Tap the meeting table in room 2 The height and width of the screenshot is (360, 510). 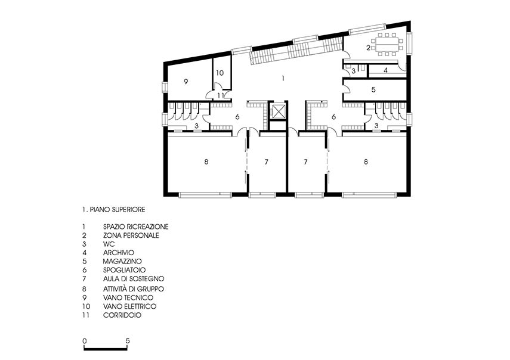coord(388,44)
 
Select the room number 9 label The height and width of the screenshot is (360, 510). coord(186,82)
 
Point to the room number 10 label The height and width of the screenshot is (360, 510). coord(220,73)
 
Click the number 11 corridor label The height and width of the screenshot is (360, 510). coord(221,95)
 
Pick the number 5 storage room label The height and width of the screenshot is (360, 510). coord(373,89)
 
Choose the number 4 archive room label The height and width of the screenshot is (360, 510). coord(385,70)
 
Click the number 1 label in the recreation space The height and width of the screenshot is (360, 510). coord(283,78)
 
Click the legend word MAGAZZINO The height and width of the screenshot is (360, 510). coord(122,261)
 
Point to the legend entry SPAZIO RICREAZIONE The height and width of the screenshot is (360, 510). coord(135,226)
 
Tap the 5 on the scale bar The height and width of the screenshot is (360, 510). coord(128,341)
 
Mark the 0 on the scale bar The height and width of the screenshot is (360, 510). coord(85,341)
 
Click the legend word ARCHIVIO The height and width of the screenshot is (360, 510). coord(118,253)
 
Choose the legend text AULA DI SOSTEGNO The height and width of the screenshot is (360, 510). coord(134,279)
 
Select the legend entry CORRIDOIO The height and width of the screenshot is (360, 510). coord(122,315)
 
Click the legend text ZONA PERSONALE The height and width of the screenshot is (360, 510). coord(131,235)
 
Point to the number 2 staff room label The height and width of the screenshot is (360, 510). coord(368,48)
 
